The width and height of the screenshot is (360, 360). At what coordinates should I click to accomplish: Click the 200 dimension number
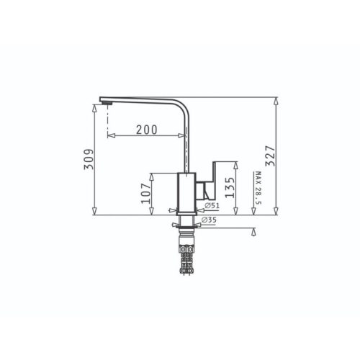click(146, 130)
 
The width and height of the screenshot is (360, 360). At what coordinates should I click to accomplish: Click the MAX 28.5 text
click(257, 189)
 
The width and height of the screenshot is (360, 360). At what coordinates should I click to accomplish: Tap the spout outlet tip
click(104, 104)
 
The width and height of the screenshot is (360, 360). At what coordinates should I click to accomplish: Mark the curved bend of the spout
click(184, 105)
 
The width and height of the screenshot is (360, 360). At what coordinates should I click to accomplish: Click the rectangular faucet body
click(186, 193)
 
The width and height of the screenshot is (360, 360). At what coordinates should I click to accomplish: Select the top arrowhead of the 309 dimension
click(94, 107)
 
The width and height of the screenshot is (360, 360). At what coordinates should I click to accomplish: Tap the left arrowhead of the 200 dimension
click(110, 135)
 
